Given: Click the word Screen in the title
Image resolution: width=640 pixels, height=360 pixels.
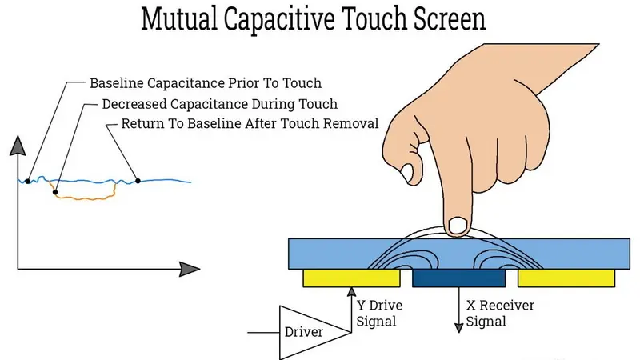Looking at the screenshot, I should tap(445, 20).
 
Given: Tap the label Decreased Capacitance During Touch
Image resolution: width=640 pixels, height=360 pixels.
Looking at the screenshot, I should tap(220, 104).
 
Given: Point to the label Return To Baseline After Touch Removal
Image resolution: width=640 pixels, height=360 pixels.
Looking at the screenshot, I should tap(250, 124).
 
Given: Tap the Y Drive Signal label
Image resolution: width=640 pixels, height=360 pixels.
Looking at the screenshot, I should tap(379, 314).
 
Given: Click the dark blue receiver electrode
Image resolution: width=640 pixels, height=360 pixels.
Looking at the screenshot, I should tap(459, 278).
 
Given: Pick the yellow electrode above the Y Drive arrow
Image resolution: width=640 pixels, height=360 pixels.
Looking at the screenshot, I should tap(350, 278).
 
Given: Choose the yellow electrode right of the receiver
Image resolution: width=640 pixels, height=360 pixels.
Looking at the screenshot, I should tap(566, 278).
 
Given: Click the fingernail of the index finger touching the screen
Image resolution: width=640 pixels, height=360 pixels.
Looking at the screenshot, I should tap(458, 226).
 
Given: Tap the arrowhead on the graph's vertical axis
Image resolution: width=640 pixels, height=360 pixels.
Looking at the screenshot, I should tap(18, 146).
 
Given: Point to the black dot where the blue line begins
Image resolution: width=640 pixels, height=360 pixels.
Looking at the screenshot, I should tap(28, 182).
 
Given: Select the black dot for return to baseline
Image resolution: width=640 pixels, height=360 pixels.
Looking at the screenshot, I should tap(138, 181).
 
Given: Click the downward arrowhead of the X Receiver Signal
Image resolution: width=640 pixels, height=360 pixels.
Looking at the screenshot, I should tap(459, 327).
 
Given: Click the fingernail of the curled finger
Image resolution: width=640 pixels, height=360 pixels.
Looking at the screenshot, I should tap(408, 171).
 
